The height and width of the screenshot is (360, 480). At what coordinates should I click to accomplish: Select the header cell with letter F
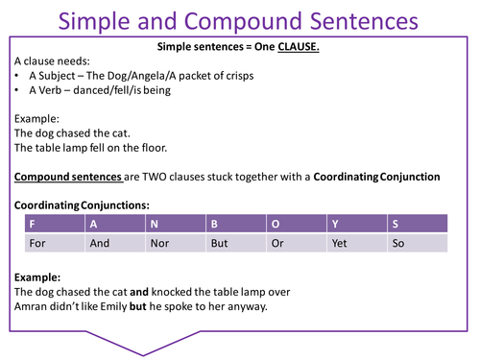click(x=57, y=223)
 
